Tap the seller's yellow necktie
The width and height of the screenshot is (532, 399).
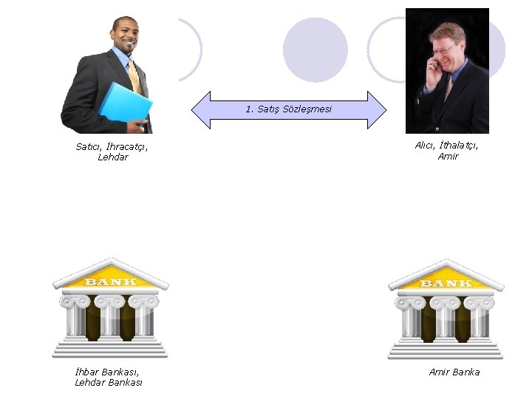134,77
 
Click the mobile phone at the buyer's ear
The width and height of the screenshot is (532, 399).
437,64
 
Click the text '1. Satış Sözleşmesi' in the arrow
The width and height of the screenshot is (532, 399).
289,109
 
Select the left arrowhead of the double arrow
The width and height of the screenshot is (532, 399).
202,110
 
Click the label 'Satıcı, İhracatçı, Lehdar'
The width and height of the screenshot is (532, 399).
112,151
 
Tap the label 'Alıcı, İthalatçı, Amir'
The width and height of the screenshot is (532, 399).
447,151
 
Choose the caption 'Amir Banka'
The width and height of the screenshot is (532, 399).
454,372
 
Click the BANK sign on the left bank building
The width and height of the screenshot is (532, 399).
111,282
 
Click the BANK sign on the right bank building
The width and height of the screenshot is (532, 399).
446,283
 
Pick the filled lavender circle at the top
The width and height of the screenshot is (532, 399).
316,50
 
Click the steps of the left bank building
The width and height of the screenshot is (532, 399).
110,348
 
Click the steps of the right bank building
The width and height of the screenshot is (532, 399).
446,349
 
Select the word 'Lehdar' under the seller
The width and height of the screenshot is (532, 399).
112,157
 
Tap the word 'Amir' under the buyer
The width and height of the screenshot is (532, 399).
448,156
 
